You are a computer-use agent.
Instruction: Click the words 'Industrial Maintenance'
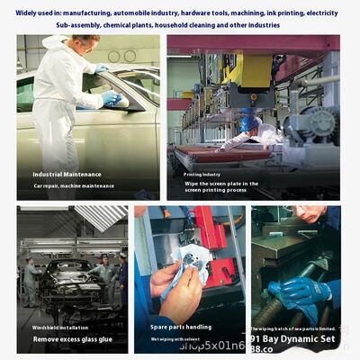(x=67, y=174)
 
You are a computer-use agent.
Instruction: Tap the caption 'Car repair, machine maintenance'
(x=75, y=185)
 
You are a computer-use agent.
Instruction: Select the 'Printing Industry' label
(x=202, y=175)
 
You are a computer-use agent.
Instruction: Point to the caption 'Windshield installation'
(x=61, y=328)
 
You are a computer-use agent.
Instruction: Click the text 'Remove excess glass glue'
(x=73, y=339)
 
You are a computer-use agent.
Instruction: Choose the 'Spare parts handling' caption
(x=181, y=327)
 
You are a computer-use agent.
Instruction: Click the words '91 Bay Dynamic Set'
(x=298, y=338)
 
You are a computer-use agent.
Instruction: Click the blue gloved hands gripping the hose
(x=302, y=292)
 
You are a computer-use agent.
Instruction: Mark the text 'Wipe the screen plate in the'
(x=222, y=184)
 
